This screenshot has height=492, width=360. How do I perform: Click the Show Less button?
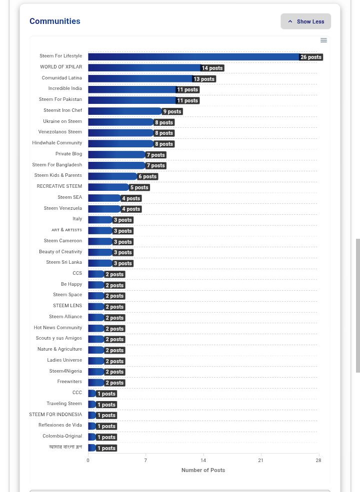click(x=305, y=21)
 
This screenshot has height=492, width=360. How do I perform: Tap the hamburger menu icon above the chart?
click(x=323, y=40)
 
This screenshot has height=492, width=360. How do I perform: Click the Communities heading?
click(x=55, y=21)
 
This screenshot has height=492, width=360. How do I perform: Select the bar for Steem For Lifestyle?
click(x=193, y=57)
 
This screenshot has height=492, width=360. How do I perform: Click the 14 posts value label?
click(x=212, y=68)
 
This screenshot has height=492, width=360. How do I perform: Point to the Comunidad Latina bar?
click(x=140, y=78)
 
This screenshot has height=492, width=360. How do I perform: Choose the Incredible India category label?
click(x=65, y=88)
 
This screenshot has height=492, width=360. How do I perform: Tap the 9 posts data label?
click(x=172, y=111)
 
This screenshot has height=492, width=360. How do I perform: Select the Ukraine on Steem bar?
click(x=121, y=122)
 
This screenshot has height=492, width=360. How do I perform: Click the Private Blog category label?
click(x=69, y=153)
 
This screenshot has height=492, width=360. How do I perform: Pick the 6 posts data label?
click(x=147, y=176)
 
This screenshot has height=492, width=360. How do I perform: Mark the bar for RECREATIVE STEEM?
click(x=108, y=187)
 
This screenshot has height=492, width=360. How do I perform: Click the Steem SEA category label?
click(x=69, y=197)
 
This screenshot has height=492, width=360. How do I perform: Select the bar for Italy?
click(x=100, y=220)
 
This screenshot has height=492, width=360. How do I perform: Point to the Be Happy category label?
click(x=71, y=284)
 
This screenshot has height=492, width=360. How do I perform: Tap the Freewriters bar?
click(x=96, y=383)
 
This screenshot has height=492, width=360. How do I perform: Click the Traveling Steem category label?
click(x=64, y=403)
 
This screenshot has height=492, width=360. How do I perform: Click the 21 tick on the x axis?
click(x=260, y=461)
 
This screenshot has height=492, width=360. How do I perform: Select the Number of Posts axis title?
click(x=203, y=470)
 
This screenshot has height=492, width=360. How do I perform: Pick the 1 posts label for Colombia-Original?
click(x=106, y=437)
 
